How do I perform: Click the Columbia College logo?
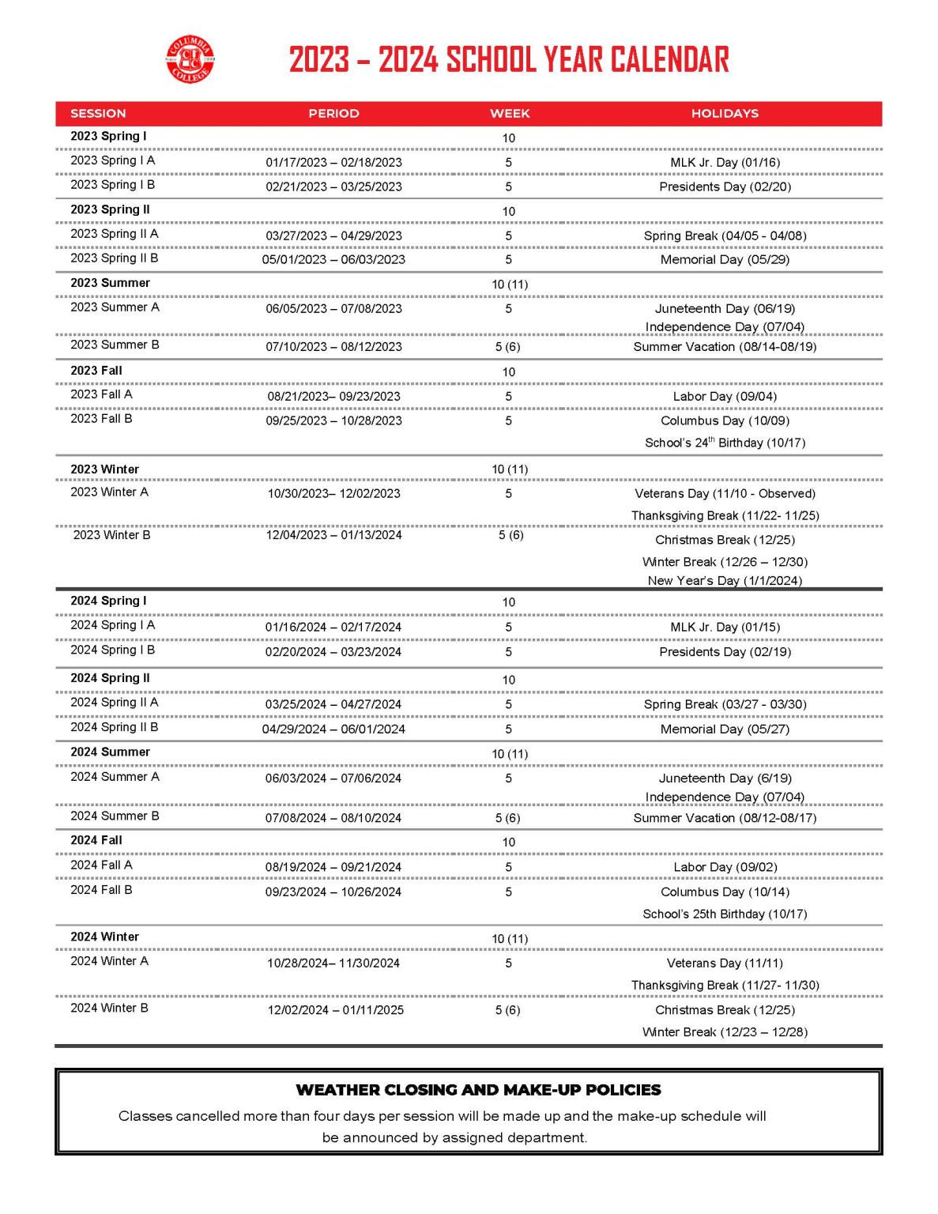[190, 59]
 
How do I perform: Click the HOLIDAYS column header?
[725, 114]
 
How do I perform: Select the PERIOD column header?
[333, 114]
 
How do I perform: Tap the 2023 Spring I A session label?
[112, 160]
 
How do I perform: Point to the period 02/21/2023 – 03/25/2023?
[333, 187]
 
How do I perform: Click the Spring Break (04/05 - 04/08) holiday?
[725, 236]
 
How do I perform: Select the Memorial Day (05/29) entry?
[725, 260]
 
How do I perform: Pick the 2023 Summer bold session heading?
[110, 283]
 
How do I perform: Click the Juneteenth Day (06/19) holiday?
[725, 308]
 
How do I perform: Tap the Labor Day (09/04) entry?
[725, 396]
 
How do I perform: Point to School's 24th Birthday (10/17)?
[725, 443]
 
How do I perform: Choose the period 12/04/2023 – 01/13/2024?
[333, 535]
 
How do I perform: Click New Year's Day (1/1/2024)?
[725, 581]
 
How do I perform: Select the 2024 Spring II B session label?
[114, 727]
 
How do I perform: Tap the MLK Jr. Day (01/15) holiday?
[725, 627]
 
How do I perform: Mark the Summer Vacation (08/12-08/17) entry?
[725, 818]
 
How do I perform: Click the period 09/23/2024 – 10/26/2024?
[333, 892]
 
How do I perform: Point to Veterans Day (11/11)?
[725, 963]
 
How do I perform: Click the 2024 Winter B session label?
[109, 1008]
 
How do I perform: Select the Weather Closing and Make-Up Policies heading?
[478, 1090]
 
